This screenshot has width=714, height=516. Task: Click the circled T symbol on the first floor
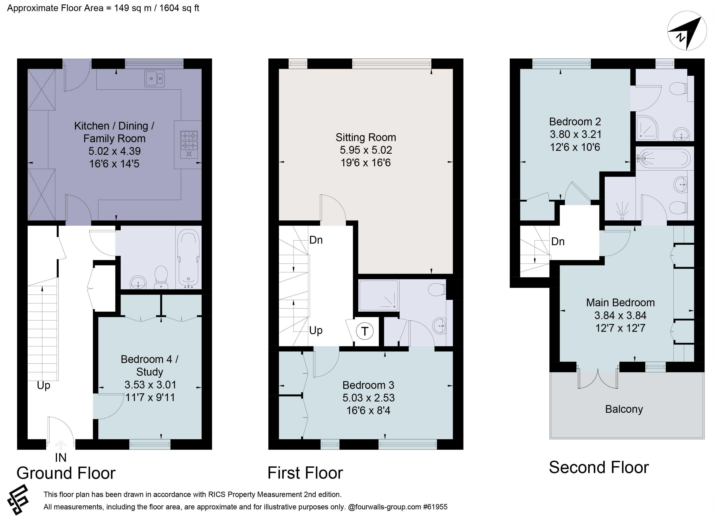[365, 331]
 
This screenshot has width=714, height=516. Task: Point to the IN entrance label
[61, 458]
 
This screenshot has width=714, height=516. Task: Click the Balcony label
[624, 409]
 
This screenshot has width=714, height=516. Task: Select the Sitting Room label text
[366, 138]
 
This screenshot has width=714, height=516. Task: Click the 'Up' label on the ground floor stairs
[43, 385]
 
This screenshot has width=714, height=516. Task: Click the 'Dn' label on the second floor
[558, 242]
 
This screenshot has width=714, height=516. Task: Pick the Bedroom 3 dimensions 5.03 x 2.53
[368, 398]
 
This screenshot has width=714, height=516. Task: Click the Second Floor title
[598, 467]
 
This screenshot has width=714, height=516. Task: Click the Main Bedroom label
[620, 303]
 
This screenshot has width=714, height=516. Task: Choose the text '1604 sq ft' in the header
[179, 8]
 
